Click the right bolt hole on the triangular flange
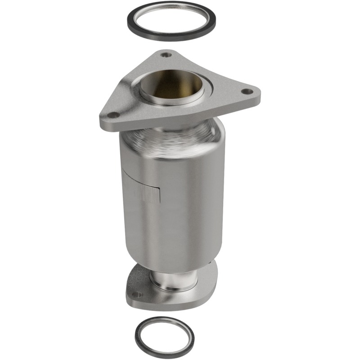[x=245, y=92]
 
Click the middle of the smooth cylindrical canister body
[x=180, y=202]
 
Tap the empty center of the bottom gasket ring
[x=164, y=335]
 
